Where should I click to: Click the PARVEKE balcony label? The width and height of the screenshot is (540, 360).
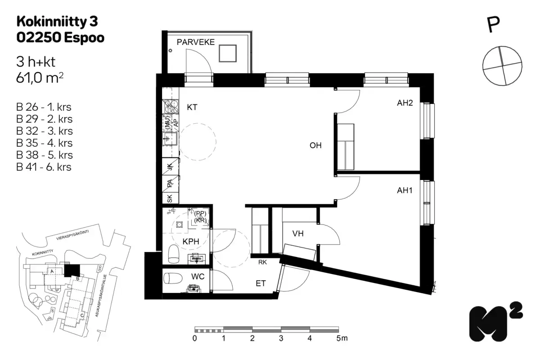[196, 42]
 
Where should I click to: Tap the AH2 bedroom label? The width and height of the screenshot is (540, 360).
[405, 103]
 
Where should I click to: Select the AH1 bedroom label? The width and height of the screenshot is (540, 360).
[405, 190]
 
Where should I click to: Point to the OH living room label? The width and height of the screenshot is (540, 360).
[315, 145]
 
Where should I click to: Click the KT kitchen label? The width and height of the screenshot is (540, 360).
[192, 107]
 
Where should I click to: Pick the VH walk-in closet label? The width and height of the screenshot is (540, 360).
[298, 234]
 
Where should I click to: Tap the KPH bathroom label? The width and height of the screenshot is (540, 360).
[191, 241]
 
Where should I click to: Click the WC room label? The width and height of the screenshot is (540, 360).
[198, 276]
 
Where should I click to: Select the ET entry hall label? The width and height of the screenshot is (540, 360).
[261, 283]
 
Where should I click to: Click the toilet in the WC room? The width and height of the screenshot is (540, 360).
[172, 278]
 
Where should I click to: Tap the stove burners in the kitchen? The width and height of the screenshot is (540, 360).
[171, 106]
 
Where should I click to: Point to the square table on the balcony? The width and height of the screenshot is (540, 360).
[228, 54]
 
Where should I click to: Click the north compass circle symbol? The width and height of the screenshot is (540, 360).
[502, 65]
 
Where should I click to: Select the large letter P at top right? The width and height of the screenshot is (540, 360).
[494, 25]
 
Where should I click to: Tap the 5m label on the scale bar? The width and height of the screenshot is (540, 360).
[342, 338]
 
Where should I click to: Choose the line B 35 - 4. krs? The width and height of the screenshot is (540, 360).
[44, 143]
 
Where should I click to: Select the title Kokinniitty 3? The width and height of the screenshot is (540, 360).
[57, 21]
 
